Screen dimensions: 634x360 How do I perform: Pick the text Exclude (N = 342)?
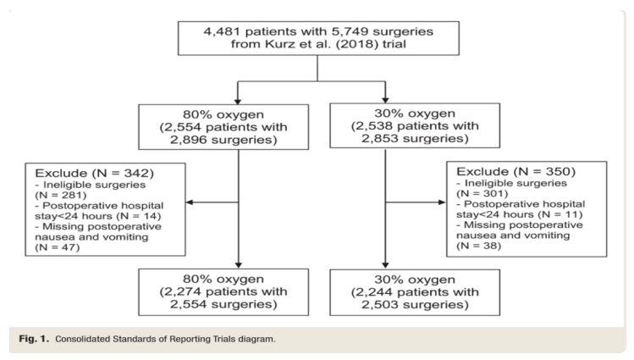coord(95,173)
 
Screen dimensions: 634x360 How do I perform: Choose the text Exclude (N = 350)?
coord(516,171)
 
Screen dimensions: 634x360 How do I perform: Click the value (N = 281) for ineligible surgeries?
coord(61,196)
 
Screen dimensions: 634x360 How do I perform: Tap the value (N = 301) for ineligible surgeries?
coord(482,194)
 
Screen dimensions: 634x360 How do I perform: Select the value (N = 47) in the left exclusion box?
coord(58,247)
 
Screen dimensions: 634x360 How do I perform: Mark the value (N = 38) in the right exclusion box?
coord(479,246)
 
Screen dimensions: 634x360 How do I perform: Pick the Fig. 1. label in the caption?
coord(34,339)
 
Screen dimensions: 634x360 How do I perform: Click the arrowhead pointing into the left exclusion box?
coord(190,202)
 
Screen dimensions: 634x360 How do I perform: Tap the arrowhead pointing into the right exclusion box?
coord(443,202)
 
